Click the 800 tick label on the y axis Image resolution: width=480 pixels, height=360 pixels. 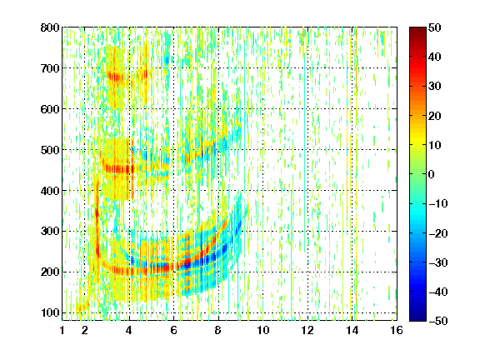pyautogui.click(x=50, y=27)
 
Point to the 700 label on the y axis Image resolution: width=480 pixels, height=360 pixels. pyautogui.click(x=50, y=68)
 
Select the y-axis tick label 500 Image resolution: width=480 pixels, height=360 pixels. pyautogui.click(x=50, y=150)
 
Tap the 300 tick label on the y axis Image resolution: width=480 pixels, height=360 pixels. pyautogui.click(x=50, y=232)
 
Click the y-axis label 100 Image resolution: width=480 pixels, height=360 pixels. pyautogui.click(x=50, y=312)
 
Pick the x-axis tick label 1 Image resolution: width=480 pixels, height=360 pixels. pyautogui.click(x=62, y=330)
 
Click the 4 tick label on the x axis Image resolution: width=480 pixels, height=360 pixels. pyautogui.click(x=129, y=330)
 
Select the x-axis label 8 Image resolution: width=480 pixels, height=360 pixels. pyautogui.click(x=217, y=330)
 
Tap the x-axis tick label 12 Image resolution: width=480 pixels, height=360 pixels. pyautogui.click(x=307, y=330)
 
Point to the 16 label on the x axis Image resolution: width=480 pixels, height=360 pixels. pyautogui.click(x=397, y=330)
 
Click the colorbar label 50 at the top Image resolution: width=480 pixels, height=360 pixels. pyautogui.click(x=434, y=27)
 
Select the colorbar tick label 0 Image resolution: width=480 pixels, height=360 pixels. pyautogui.click(x=432, y=174)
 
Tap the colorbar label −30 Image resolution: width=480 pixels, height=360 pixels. pyautogui.click(x=438, y=262)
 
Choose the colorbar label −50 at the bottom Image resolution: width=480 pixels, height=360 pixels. pyautogui.click(x=438, y=321)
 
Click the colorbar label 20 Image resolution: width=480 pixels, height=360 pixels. pyautogui.click(x=434, y=116)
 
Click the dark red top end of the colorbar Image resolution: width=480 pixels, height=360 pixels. pyautogui.click(x=417, y=29)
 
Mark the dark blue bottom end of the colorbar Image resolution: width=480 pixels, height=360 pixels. pyautogui.click(x=417, y=318)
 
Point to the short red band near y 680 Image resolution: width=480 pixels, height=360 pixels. pyautogui.click(x=116, y=76)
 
